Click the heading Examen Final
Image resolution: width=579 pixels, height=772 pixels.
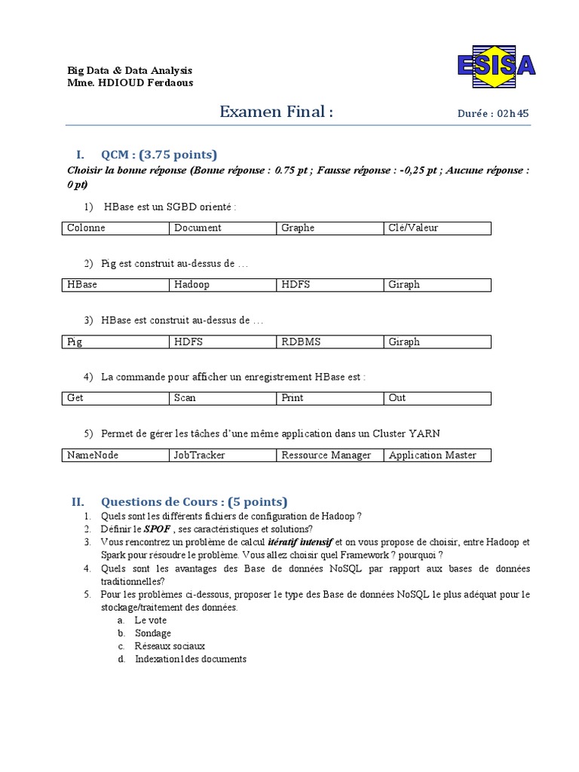[276, 112]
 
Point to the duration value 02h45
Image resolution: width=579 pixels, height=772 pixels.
[513, 114]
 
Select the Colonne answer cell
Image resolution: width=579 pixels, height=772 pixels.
[115, 228]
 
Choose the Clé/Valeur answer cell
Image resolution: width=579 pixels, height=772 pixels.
[437, 228]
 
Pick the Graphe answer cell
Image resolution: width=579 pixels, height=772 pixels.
[329, 228]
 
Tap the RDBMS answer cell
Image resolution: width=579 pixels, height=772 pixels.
[329, 342]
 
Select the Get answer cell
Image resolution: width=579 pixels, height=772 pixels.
[115, 398]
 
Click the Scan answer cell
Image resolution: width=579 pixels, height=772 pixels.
[222, 398]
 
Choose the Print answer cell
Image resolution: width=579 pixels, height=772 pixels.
[329, 398]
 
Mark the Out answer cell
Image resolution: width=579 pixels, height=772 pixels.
[437, 398]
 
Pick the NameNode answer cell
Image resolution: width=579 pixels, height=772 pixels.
[115, 455]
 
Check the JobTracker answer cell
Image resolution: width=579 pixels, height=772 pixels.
[222, 455]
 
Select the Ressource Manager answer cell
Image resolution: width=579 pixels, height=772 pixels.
[329, 455]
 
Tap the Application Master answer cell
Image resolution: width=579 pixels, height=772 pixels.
[437, 455]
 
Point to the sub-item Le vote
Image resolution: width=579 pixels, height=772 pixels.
[151, 620]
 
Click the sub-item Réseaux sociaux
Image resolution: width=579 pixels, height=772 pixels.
[170, 646]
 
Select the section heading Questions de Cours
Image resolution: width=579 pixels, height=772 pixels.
[194, 502]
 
